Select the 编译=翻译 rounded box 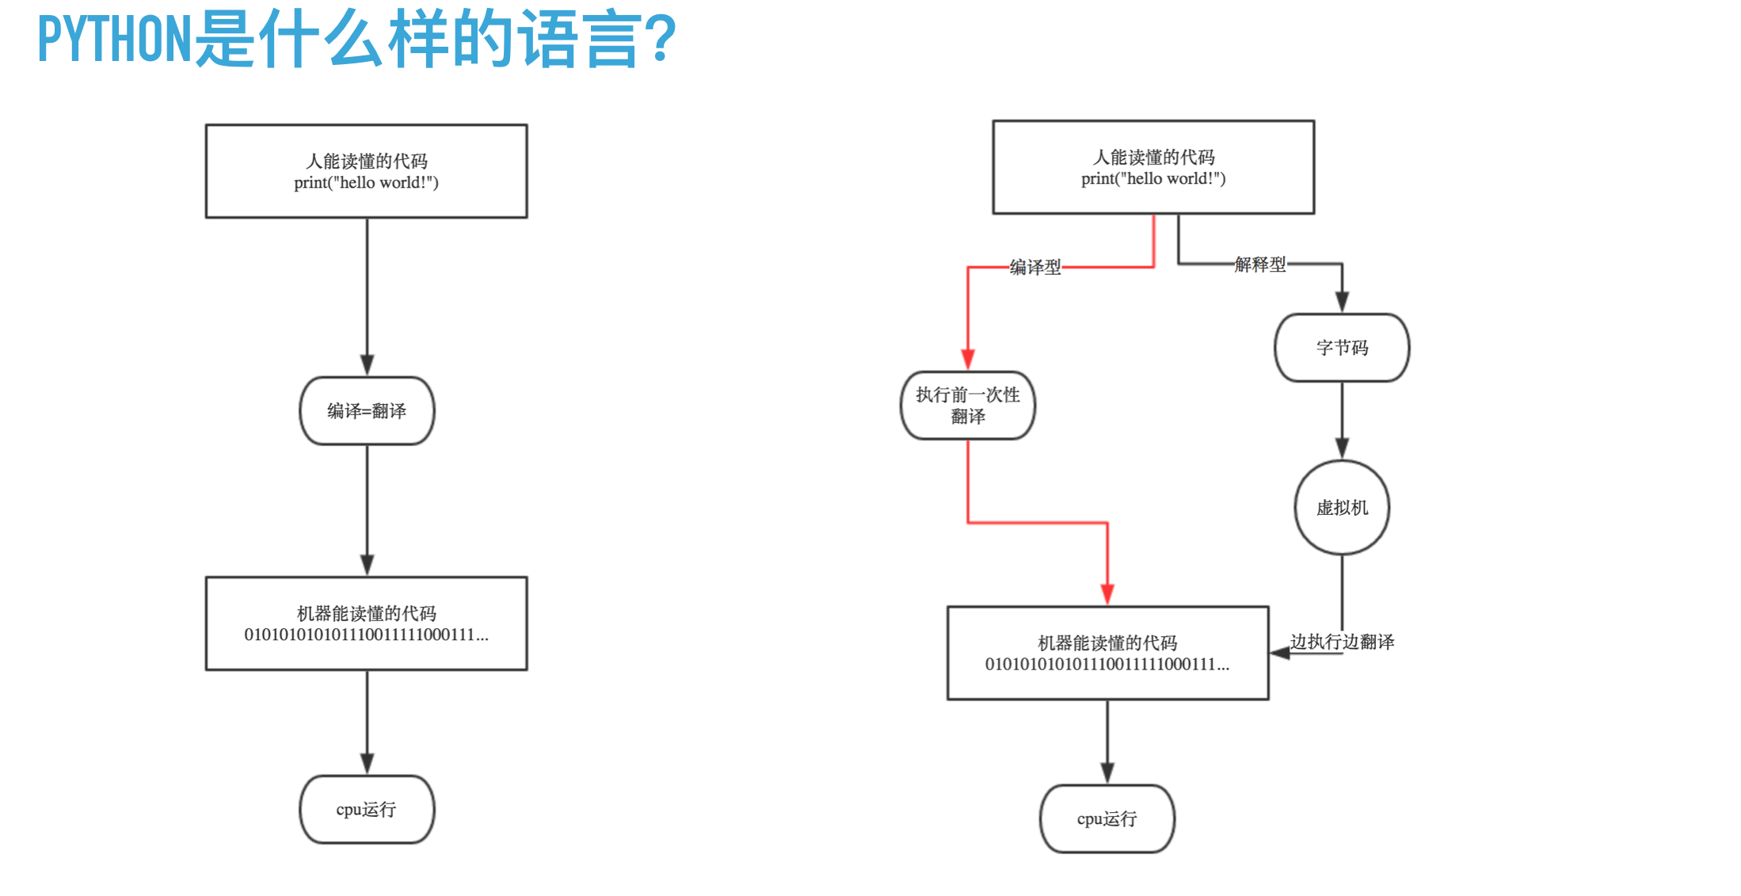pos(367,410)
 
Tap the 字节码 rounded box pos(1342,348)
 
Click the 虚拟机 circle pos(1342,507)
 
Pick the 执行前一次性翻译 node pos(968,405)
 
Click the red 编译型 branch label pos(1035,267)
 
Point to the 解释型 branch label pos(1260,264)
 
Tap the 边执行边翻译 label pos(1343,641)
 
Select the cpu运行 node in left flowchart pos(367,809)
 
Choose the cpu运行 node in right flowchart pos(1107,818)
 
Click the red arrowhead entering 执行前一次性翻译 pos(968,360)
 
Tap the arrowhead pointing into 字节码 pos(1342,302)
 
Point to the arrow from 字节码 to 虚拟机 pos(1342,421)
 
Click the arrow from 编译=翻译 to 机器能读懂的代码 pos(367,510)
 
